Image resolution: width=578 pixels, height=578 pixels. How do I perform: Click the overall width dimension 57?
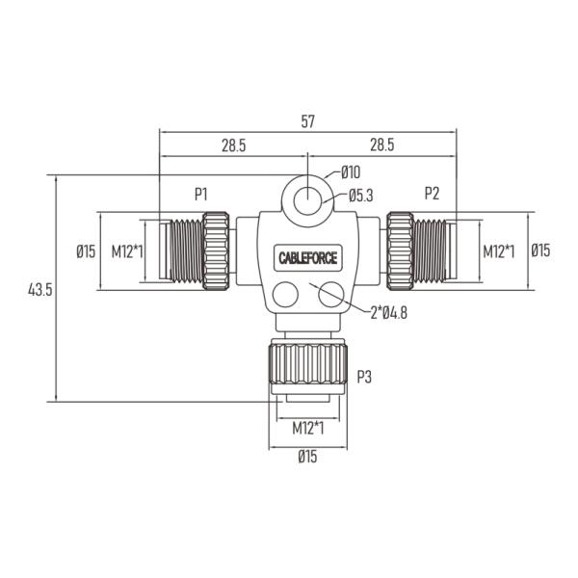point(308,121)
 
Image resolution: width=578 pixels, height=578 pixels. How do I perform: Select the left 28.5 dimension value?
point(233,145)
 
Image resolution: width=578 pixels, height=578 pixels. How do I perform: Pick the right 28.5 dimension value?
point(381,144)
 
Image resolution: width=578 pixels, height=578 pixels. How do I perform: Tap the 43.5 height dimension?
point(40,290)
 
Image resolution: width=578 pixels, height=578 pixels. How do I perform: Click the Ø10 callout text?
point(351,172)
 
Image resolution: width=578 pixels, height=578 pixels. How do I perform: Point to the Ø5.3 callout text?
point(361,196)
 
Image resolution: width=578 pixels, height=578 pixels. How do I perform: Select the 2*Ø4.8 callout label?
point(389,313)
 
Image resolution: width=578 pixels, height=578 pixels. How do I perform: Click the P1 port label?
point(201,194)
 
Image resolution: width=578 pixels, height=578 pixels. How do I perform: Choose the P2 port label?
point(432,194)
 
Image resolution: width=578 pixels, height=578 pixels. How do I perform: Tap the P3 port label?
point(364,377)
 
